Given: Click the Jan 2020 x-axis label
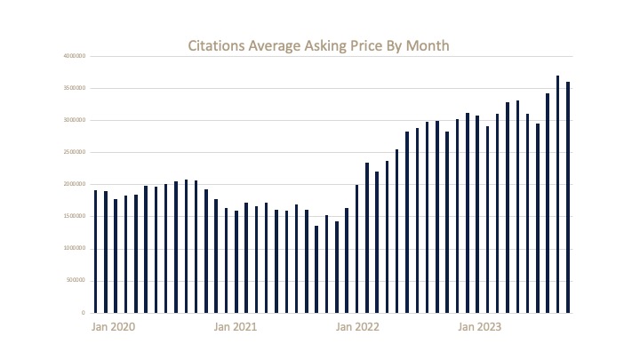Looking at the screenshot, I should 114,328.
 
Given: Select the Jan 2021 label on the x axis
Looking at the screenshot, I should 236,328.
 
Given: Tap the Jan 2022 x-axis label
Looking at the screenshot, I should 357,328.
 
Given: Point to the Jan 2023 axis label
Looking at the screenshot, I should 478,328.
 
